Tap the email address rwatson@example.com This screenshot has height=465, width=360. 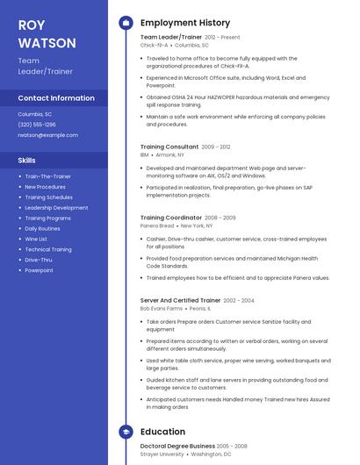point(47,135)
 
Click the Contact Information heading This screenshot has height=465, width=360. point(56,98)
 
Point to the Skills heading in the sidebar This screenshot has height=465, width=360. point(27,161)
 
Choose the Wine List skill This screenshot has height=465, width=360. point(36,239)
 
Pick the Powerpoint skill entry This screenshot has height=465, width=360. point(39,270)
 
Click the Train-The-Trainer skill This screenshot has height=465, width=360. point(47,176)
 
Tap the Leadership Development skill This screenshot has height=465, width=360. point(56,208)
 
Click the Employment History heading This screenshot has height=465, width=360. point(185,23)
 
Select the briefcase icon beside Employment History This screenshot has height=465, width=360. point(126,23)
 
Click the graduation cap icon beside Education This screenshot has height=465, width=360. point(126,432)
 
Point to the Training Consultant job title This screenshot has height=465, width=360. point(169,147)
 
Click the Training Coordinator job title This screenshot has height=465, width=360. point(171,218)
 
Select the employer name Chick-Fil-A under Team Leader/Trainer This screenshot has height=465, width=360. point(154,45)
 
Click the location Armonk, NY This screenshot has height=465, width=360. point(170,154)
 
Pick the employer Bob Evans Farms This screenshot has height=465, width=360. point(161,308)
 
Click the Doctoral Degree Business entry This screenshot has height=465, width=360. point(176,447)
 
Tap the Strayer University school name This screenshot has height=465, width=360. point(162,454)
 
